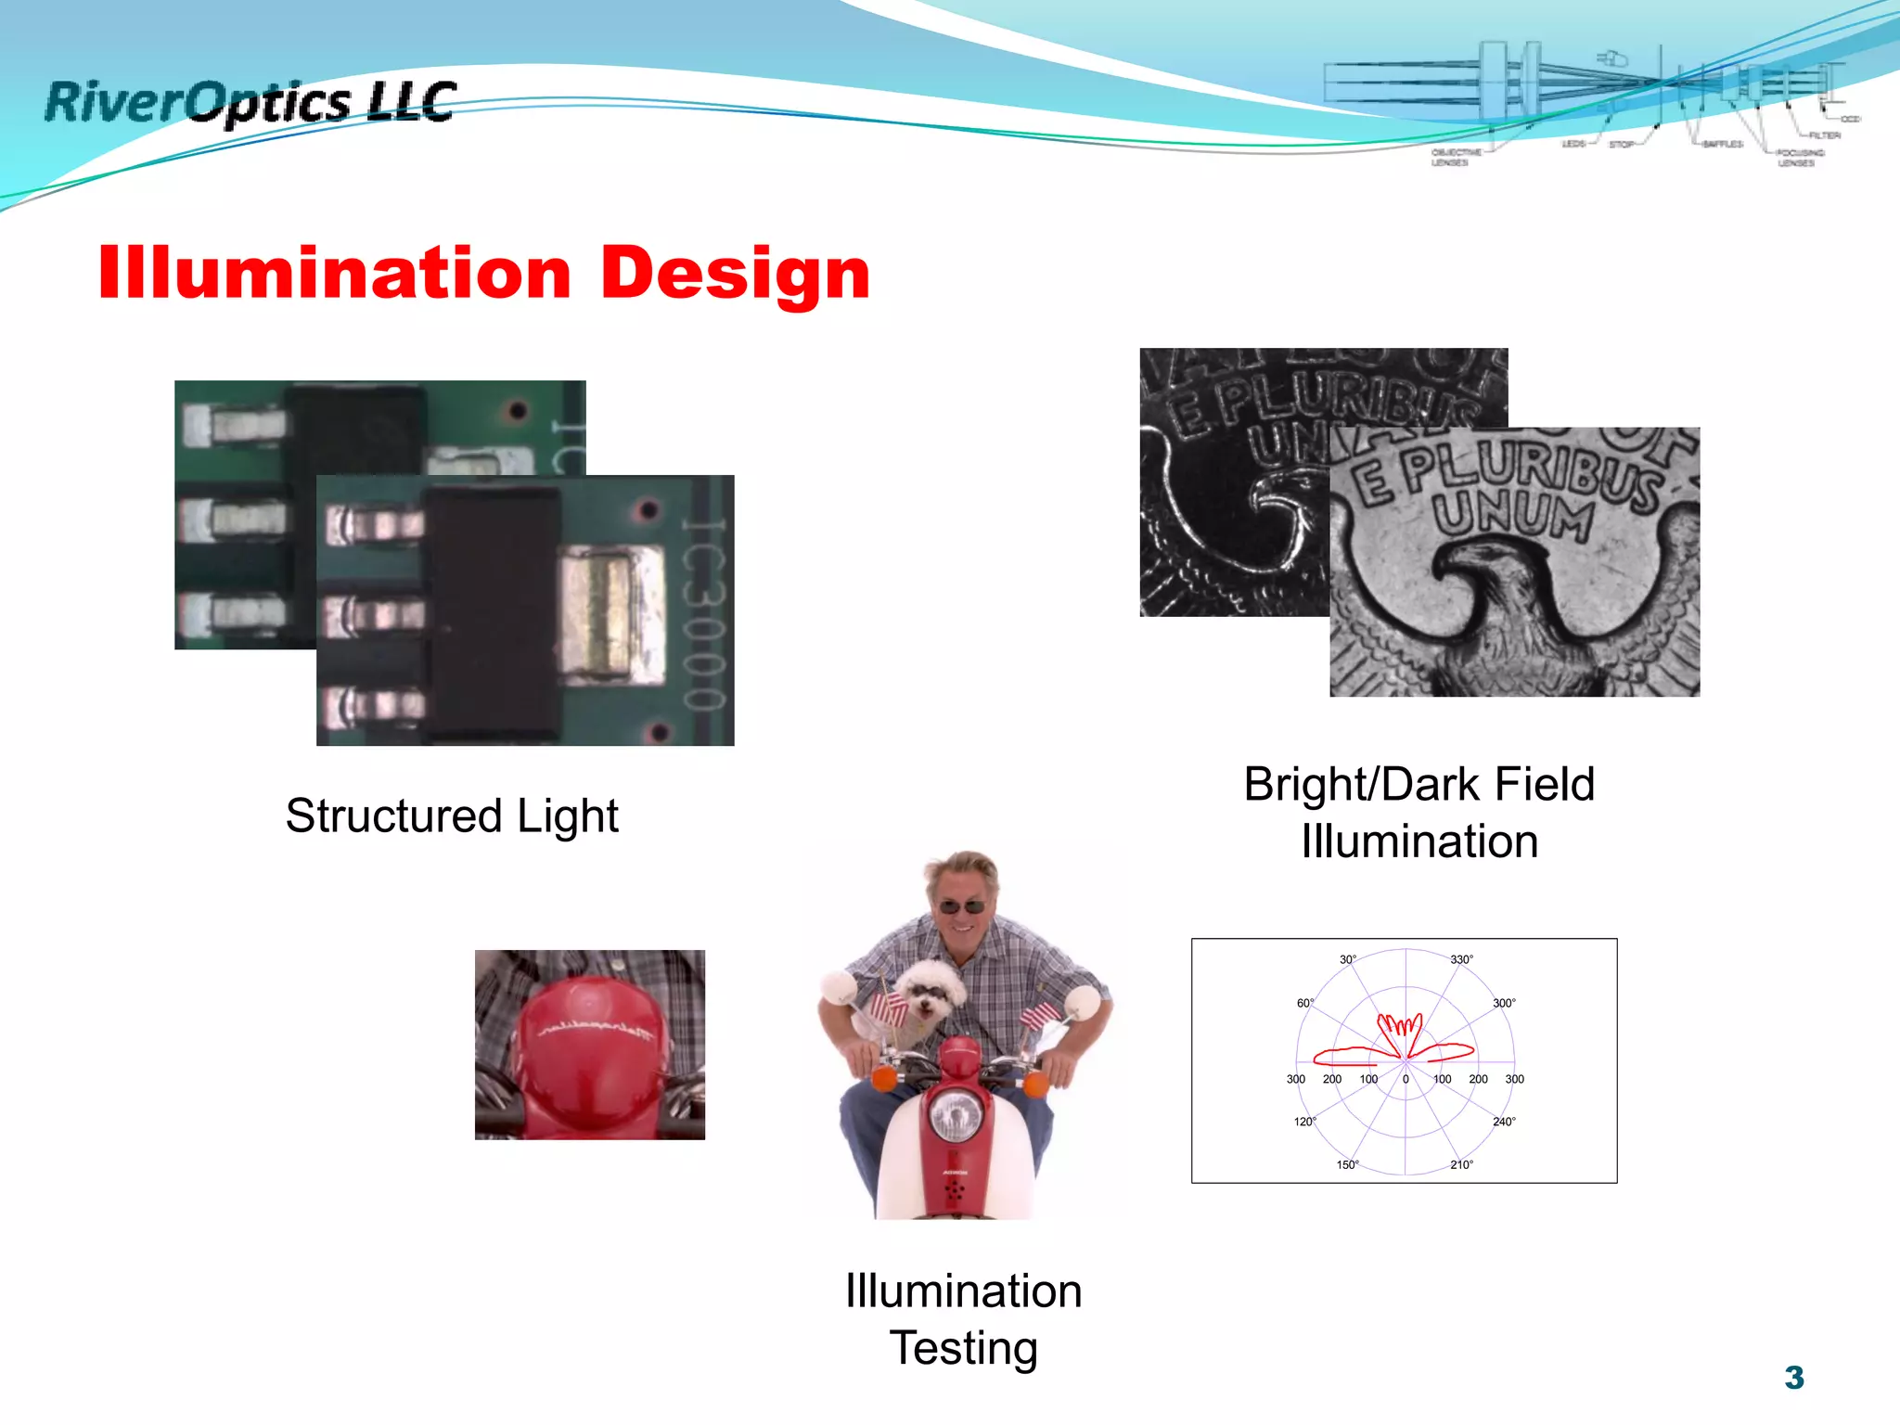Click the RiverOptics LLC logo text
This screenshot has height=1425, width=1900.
(250, 102)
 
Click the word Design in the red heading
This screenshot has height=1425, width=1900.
(735, 274)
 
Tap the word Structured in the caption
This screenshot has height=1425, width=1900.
(393, 816)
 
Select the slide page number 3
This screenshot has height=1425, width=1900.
(1793, 1377)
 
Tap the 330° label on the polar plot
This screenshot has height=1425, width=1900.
(1461, 959)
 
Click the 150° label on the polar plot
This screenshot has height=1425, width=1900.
(1347, 1164)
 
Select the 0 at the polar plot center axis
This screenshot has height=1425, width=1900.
(1406, 1079)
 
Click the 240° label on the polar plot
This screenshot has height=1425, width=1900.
(1504, 1122)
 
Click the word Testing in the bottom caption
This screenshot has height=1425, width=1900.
(963, 1348)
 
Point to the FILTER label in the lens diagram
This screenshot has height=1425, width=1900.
(1824, 135)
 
